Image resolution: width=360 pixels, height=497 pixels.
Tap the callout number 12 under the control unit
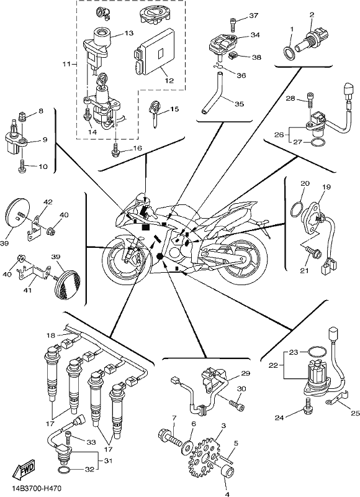(x=169, y=81)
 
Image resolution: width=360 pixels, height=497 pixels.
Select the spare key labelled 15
(x=154, y=114)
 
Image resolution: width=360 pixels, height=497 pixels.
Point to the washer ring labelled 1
(x=288, y=53)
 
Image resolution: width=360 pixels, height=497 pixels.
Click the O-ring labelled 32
(x=63, y=470)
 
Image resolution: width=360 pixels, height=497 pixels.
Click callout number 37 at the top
(x=253, y=15)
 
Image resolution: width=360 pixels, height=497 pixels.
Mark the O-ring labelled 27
(x=318, y=142)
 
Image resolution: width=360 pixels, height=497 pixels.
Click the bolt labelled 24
(x=309, y=407)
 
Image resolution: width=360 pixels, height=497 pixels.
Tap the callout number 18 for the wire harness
(x=51, y=335)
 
